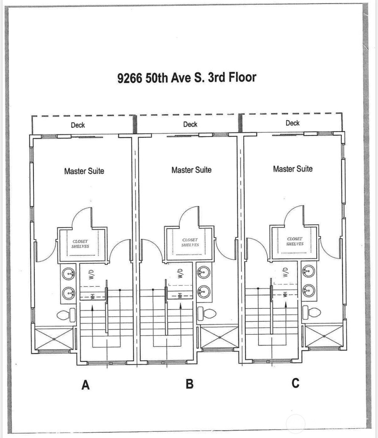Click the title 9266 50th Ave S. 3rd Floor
187,77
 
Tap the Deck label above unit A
78,125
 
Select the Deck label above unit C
292,123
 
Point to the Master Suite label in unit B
191,170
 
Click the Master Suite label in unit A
84,171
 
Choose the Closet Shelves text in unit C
295,241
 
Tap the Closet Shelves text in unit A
80,244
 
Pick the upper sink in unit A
68,274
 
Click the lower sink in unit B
204,291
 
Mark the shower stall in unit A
54,339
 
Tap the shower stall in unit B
220,337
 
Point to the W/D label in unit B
180,273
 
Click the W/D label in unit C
285,272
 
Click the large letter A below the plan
85,384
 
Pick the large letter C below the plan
295,383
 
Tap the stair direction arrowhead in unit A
92,308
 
